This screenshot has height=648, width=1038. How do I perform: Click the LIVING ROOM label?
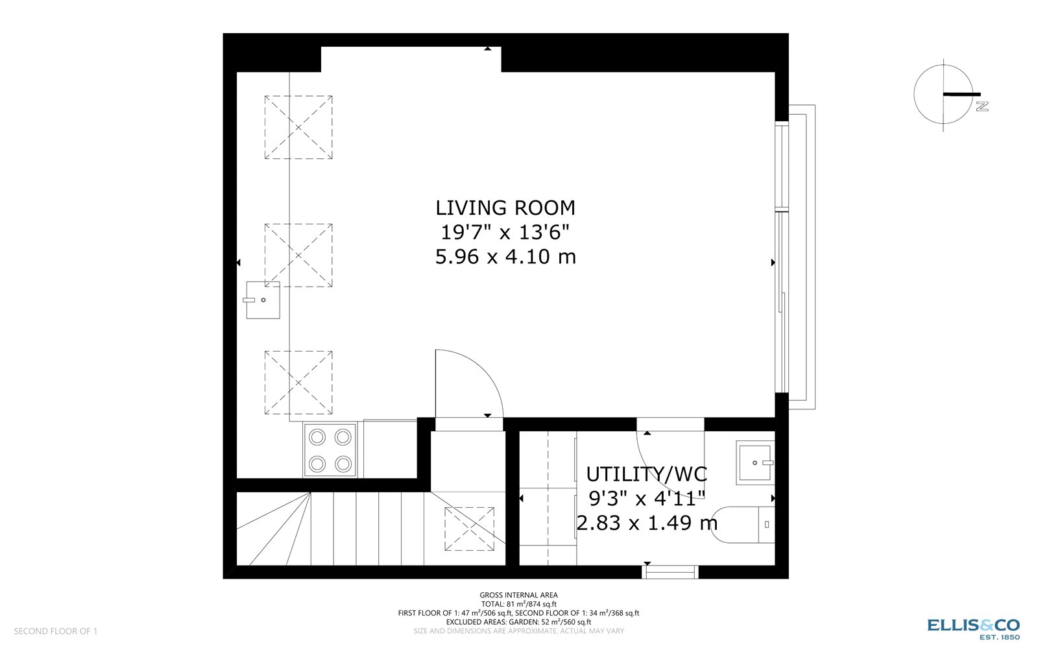pos(505,208)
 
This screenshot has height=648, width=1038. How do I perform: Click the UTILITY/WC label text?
pos(646,474)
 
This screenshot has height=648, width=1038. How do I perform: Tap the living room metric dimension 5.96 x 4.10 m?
pos(505,257)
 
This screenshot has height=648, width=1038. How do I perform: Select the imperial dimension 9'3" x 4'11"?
pos(646,498)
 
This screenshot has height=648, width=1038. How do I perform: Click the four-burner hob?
pos(330,450)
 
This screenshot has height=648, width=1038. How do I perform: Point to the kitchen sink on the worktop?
pos(263,300)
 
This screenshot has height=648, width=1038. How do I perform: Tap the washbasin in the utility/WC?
pos(755,462)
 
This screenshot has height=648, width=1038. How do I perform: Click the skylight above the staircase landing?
pos(469,529)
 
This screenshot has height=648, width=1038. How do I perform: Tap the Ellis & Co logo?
pos(972,627)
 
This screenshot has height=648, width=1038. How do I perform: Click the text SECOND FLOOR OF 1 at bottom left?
pos(56,631)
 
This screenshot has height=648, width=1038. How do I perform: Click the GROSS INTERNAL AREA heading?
pos(518,595)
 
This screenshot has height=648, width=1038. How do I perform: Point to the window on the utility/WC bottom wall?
pos(670,572)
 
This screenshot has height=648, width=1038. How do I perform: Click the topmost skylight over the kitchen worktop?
pos(298,127)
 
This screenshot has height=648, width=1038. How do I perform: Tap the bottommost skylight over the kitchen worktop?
pos(298,383)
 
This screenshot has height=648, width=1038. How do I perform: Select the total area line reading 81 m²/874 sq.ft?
pos(518,604)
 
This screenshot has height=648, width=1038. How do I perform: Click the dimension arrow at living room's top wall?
pos(487,48)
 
